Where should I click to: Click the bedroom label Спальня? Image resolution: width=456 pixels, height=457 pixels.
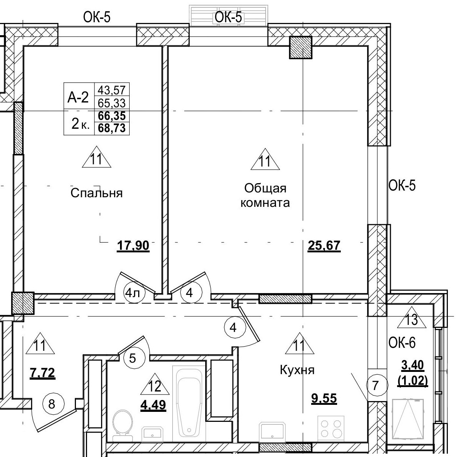[96, 193]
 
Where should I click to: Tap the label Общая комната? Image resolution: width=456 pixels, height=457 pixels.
[265, 196]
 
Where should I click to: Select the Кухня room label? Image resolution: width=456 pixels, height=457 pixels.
[297, 370]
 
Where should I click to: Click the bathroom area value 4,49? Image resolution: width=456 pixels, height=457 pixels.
[153, 405]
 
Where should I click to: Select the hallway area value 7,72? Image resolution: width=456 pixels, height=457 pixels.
[42, 373]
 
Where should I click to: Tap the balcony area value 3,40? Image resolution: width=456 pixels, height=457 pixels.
[413, 366]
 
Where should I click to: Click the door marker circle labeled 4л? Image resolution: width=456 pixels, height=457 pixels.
[133, 293]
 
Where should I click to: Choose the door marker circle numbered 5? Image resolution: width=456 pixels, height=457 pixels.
[133, 358]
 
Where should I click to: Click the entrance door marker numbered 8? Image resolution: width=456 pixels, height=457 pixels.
[51, 404]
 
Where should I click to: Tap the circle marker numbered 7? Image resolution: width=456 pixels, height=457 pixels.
[375, 386]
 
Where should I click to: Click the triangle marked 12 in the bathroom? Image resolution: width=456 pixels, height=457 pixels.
[155, 386]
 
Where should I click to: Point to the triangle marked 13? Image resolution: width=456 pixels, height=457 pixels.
[412, 318]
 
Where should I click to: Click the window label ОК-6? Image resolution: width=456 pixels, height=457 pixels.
[402, 343]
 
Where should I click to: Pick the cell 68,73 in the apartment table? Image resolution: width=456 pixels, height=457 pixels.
[111, 128]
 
